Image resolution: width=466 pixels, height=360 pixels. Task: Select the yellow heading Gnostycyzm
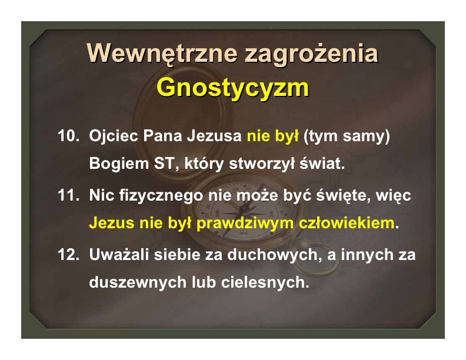click(233, 88)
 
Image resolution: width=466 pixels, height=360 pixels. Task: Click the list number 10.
click(69, 136)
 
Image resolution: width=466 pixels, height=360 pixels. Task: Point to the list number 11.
click(69, 195)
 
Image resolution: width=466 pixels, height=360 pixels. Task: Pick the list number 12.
click(69, 255)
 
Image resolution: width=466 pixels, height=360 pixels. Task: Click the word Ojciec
click(114, 136)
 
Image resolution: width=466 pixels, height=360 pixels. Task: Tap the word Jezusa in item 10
click(214, 136)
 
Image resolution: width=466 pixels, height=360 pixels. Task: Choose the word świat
click(322, 164)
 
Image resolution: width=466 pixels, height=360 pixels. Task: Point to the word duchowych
click(275, 255)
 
